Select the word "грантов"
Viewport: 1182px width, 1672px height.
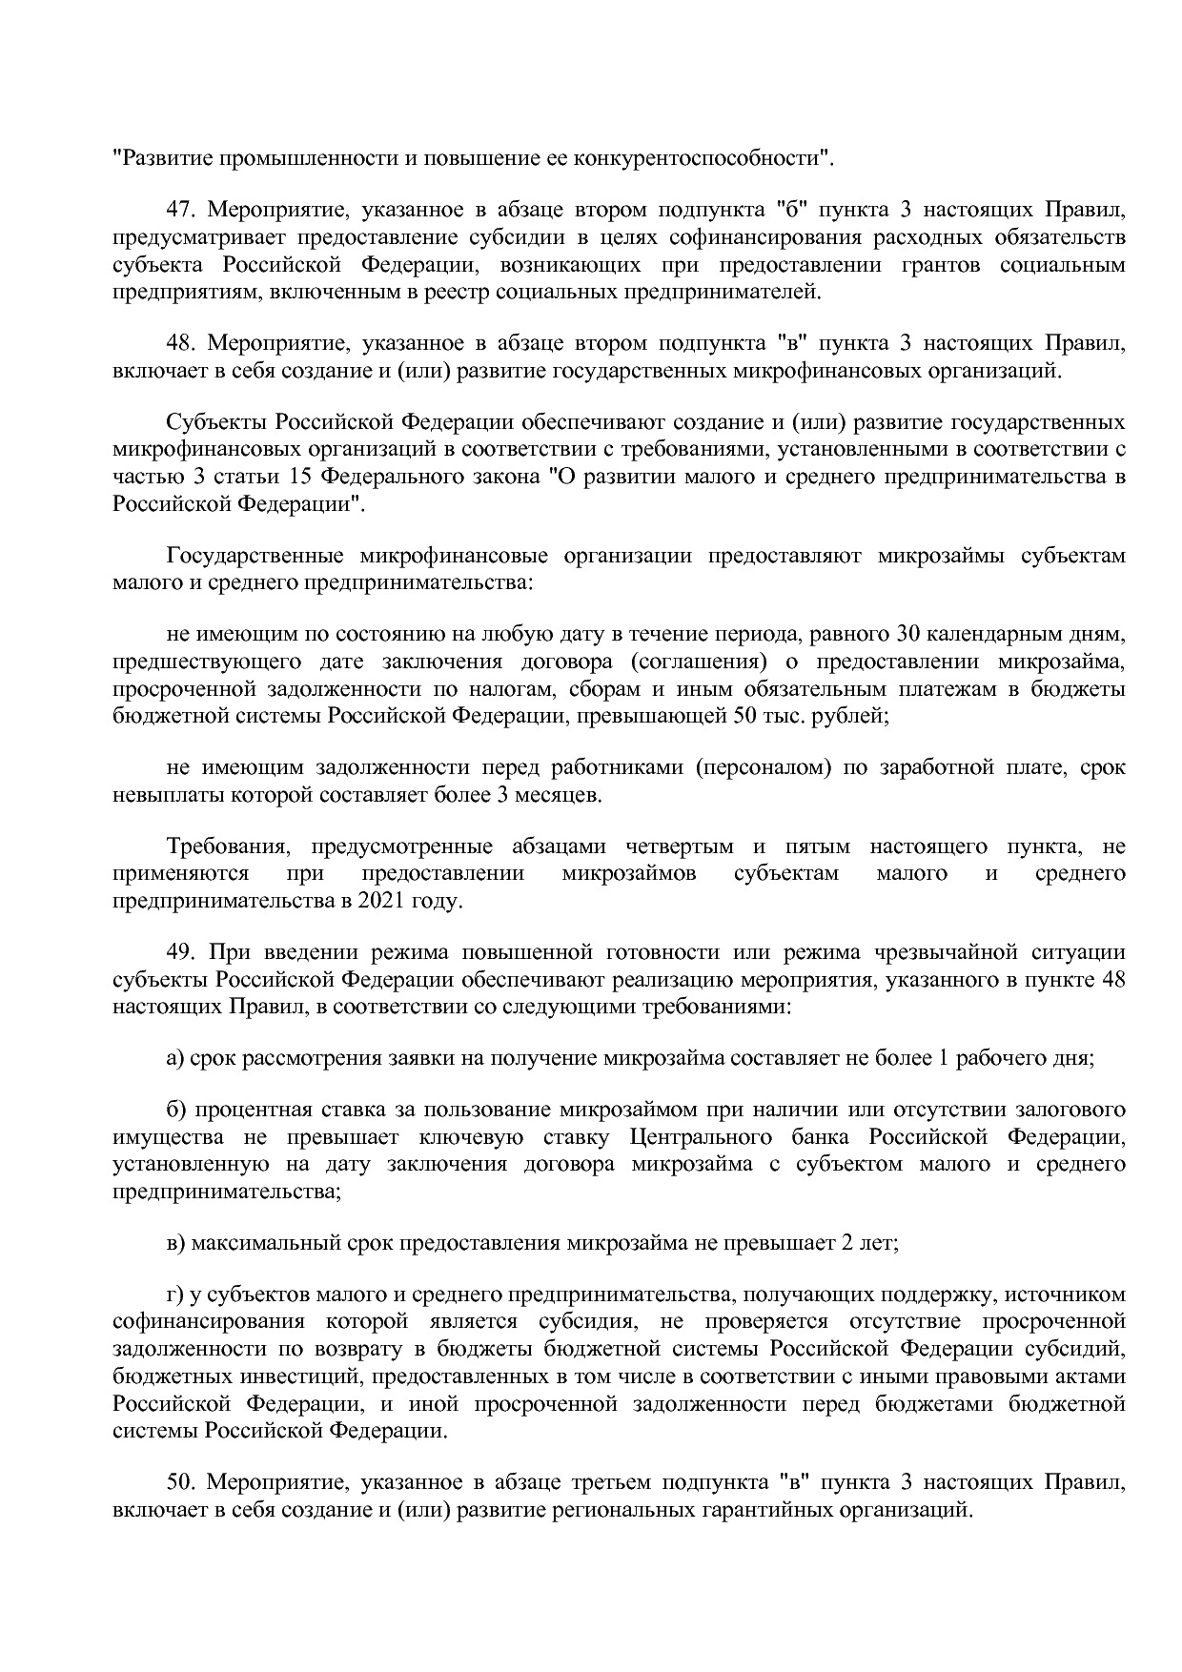940,264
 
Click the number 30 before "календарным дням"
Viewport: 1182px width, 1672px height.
908,635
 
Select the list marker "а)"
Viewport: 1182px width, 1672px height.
175,1058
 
